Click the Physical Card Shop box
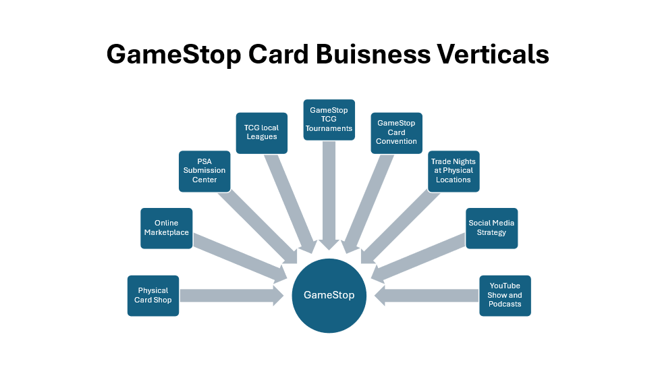[153, 296]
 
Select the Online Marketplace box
[167, 228]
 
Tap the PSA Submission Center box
[204, 171]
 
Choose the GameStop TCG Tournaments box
[329, 120]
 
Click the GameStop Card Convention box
[397, 132]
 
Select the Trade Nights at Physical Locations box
[454, 171]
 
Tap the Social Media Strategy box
[491, 228]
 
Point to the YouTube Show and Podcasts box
[505, 296]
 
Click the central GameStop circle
[329, 296]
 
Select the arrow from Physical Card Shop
[229, 296]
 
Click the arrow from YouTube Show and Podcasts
[428, 296]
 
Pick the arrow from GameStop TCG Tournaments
[329, 192]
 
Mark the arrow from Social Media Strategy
[418, 257]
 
